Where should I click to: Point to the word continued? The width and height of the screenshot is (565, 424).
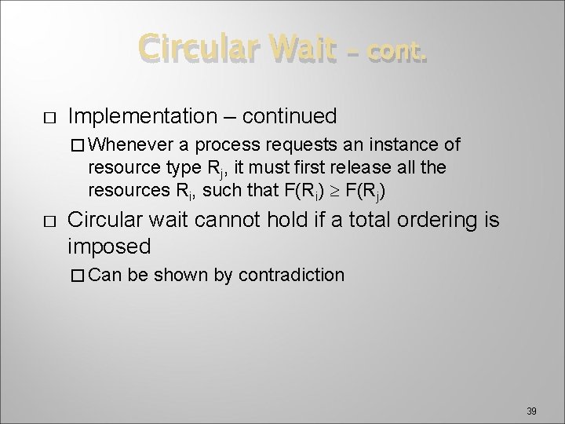[290, 117]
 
